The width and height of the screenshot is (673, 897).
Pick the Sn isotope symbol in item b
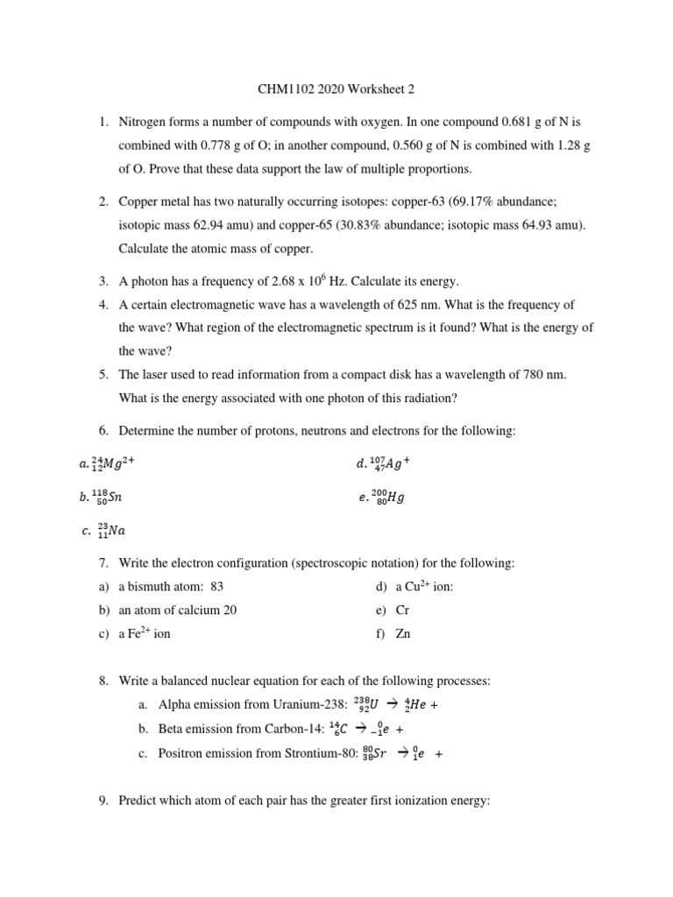107,498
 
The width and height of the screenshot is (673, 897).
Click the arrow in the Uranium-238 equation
392,704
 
